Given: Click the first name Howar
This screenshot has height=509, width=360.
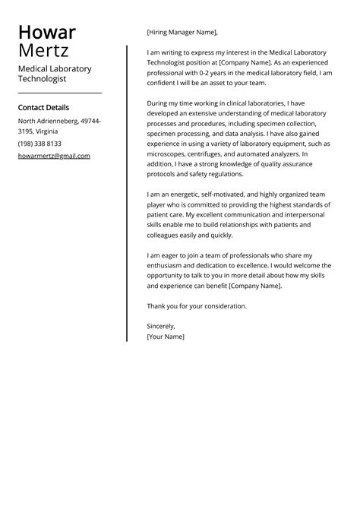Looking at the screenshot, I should coord(46,33).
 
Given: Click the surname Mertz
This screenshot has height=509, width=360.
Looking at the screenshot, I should coord(43,52).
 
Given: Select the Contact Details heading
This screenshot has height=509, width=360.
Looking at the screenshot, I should coord(43,108).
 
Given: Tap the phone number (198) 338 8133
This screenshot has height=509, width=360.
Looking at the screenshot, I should coord(39,143).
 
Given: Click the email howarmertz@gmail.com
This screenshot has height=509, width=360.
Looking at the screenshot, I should coord(54,156).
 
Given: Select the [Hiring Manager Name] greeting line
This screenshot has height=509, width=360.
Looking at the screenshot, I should coord(182,32).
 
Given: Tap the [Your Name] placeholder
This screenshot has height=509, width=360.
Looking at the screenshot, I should coord(166,336).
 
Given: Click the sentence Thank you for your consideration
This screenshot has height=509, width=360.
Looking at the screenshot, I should coord(197,305).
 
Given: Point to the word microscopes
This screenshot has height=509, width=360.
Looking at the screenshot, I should coord(166,153).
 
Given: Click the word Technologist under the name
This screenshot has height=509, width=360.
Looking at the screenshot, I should coord(43,78).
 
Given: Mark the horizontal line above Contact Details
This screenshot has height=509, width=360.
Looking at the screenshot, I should coord(59,93).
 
